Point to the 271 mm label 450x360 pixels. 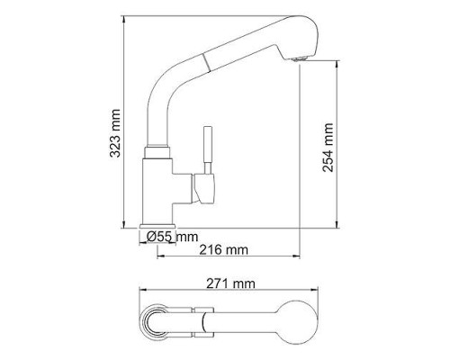pos(230,283)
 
